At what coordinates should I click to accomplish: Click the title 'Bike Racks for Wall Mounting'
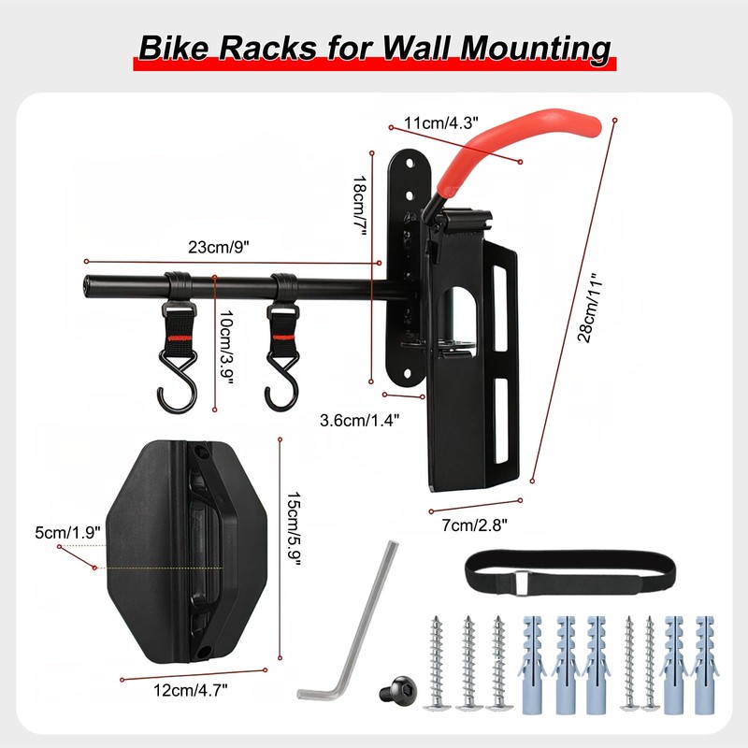(x=374, y=47)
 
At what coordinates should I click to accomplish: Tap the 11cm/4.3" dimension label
(x=441, y=122)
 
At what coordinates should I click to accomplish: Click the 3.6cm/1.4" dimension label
(x=359, y=420)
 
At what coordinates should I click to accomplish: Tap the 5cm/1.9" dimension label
(x=66, y=533)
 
